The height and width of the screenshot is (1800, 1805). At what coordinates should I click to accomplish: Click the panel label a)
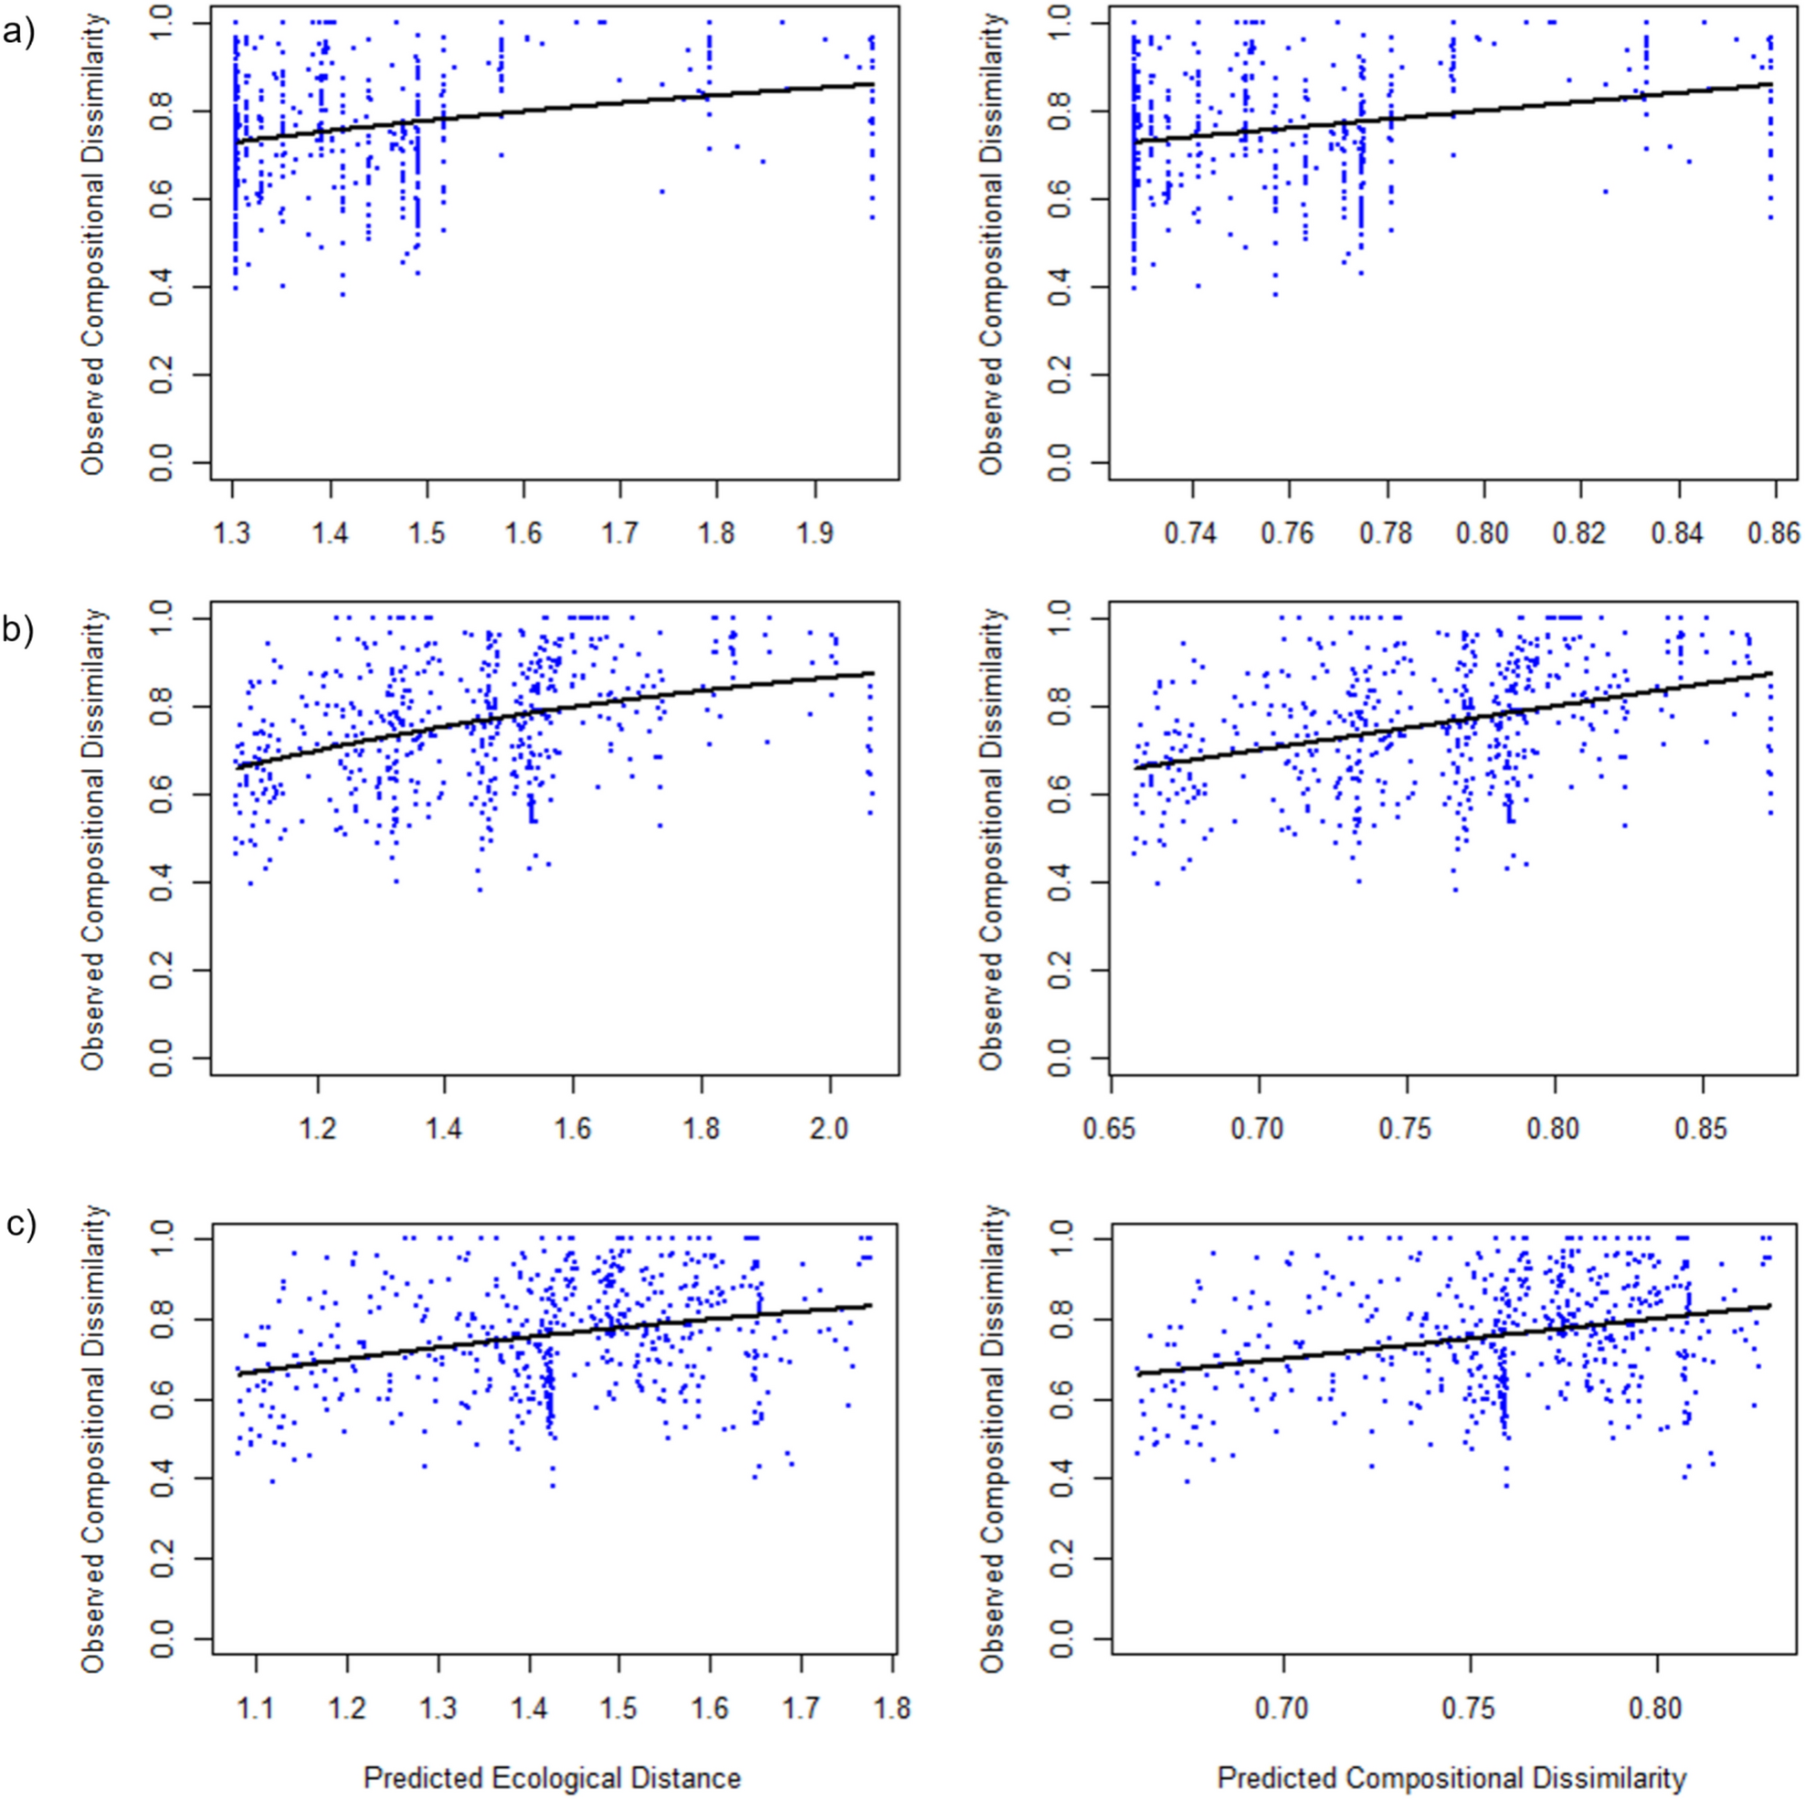(18, 34)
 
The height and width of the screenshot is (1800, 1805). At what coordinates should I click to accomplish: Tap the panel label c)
(18, 1224)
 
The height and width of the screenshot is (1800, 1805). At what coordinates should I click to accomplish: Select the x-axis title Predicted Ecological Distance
(552, 1777)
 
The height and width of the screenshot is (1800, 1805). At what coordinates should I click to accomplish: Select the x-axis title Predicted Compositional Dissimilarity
(1451, 1777)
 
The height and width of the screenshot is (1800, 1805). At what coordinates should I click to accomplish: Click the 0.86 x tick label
(1772, 533)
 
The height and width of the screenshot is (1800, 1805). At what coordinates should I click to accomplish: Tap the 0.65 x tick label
(1111, 1130)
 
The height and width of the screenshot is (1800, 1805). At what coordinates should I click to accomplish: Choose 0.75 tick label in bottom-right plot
(1471, 1709)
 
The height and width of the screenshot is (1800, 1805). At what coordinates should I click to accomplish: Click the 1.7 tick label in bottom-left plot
(801, 1709)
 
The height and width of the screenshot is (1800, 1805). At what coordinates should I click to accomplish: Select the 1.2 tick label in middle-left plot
(318, 1130)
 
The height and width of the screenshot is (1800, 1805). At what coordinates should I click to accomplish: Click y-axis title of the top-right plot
(993, 245)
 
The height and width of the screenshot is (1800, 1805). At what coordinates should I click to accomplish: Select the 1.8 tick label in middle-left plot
(701, 1130)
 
